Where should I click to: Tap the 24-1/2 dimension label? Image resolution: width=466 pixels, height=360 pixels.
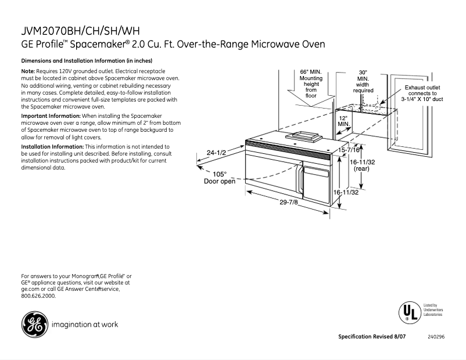point(216,153)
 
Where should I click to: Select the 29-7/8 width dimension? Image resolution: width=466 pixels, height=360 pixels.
point(289,202)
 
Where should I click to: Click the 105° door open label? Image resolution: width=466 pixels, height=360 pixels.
point(219,178)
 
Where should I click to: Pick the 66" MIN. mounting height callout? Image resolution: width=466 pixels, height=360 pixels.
point(311,84)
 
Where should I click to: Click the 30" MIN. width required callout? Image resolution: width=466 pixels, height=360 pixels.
point(363,81)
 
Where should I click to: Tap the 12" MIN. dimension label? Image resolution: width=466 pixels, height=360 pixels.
point(343,120)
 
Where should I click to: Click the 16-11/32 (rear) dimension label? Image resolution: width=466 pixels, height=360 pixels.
point(361,165)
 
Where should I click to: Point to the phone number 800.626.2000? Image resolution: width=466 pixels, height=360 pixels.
point(38,296)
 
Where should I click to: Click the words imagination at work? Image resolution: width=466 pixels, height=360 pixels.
point(85,325)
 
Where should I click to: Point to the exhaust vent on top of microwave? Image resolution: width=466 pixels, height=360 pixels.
point(302,136)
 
